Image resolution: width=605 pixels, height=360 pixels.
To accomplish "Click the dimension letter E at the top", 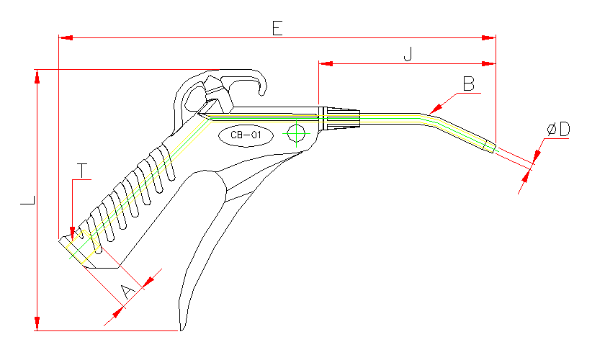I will [x=277, y=27].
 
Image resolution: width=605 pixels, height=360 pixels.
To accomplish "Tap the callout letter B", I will [x=469, y=84].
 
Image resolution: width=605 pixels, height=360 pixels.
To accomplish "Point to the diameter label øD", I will [x=558, y=130].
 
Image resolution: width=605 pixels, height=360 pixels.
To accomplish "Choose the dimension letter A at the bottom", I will [x=126, y=292].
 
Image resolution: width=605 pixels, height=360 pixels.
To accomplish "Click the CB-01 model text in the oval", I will [x=245, y=135].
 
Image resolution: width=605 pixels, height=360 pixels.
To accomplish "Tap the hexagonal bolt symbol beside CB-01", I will [x=295, y=134].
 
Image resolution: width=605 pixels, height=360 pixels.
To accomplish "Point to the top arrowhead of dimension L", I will [x=36, y=76].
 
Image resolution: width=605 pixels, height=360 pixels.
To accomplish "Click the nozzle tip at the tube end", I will [x=490, y=147].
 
